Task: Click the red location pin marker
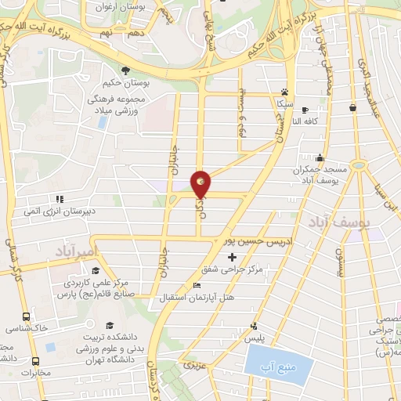(201, 182)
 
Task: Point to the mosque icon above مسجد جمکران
(320, 157)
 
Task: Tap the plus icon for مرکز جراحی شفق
(230, 257)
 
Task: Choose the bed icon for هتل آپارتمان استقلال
(197, 285)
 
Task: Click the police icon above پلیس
(252, 326)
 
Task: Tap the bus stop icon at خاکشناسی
(27, 317)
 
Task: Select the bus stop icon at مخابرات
(36, 361)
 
